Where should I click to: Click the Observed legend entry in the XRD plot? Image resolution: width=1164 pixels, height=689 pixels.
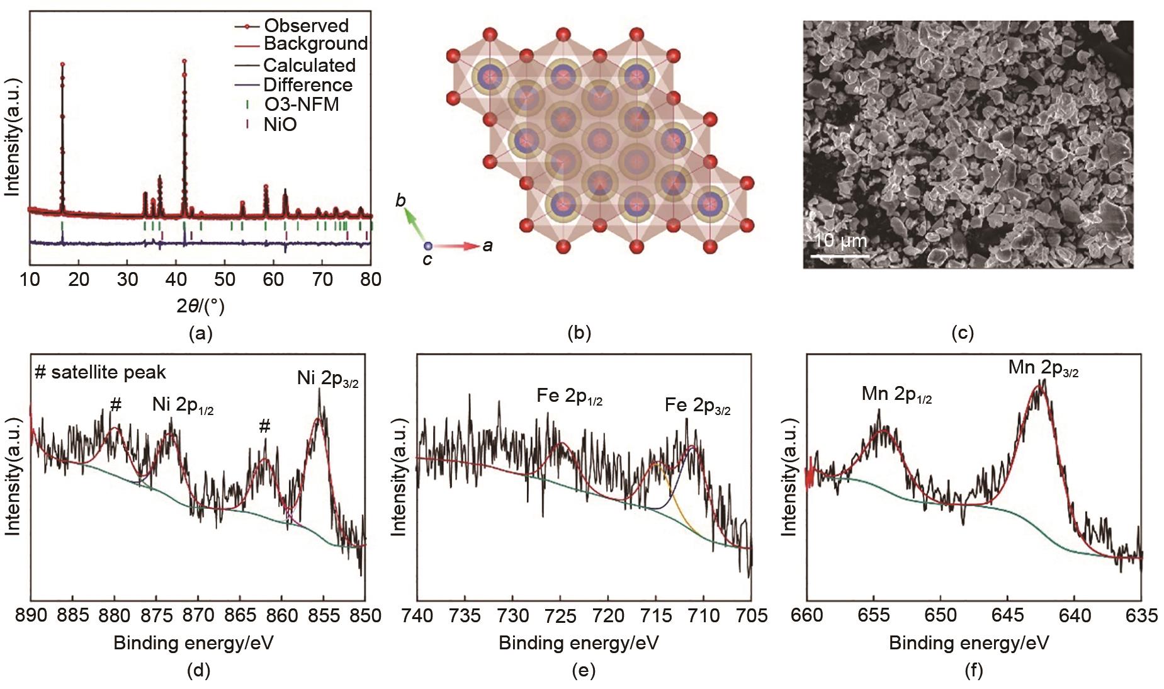pyautogui.click(x=306, y=26)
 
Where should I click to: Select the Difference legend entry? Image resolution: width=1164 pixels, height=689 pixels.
pyautogui.click(x=307, y=85)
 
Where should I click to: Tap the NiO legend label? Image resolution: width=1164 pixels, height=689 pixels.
pyautogui.click(x=280, y=125)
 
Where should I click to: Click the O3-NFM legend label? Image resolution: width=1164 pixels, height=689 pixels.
pyautogui.click(x=301, y=105)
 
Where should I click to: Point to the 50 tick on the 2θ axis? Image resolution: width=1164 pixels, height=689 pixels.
pyautogui.click(x=224, y=279)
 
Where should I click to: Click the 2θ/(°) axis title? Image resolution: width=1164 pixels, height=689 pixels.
pyautogui.click(x=200, y=306)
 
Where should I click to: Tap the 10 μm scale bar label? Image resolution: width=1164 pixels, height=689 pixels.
pyautogui.click(x=840, y=241)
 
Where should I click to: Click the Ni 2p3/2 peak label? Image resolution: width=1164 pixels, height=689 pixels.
pyautogui.click(x=327, y=379)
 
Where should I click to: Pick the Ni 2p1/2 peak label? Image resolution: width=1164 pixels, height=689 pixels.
pyautogui.click(x=183, y=406)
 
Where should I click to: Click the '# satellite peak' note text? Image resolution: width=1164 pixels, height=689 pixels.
pyautogui.click(x=101, y=372)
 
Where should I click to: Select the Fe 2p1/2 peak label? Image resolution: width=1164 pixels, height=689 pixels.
pyautogui.click(x=569, y=396)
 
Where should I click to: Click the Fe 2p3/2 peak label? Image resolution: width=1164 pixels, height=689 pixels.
pyautogui.click(x=698, y=406)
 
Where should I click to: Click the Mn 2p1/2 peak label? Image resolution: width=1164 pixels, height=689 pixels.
pyautogui.click(x=896, y=395)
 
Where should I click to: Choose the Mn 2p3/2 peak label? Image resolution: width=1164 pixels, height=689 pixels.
pyautogui.click(x=1043, y=368)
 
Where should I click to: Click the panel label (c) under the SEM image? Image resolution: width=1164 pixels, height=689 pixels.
pyautogui.click(x=963, y=333)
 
